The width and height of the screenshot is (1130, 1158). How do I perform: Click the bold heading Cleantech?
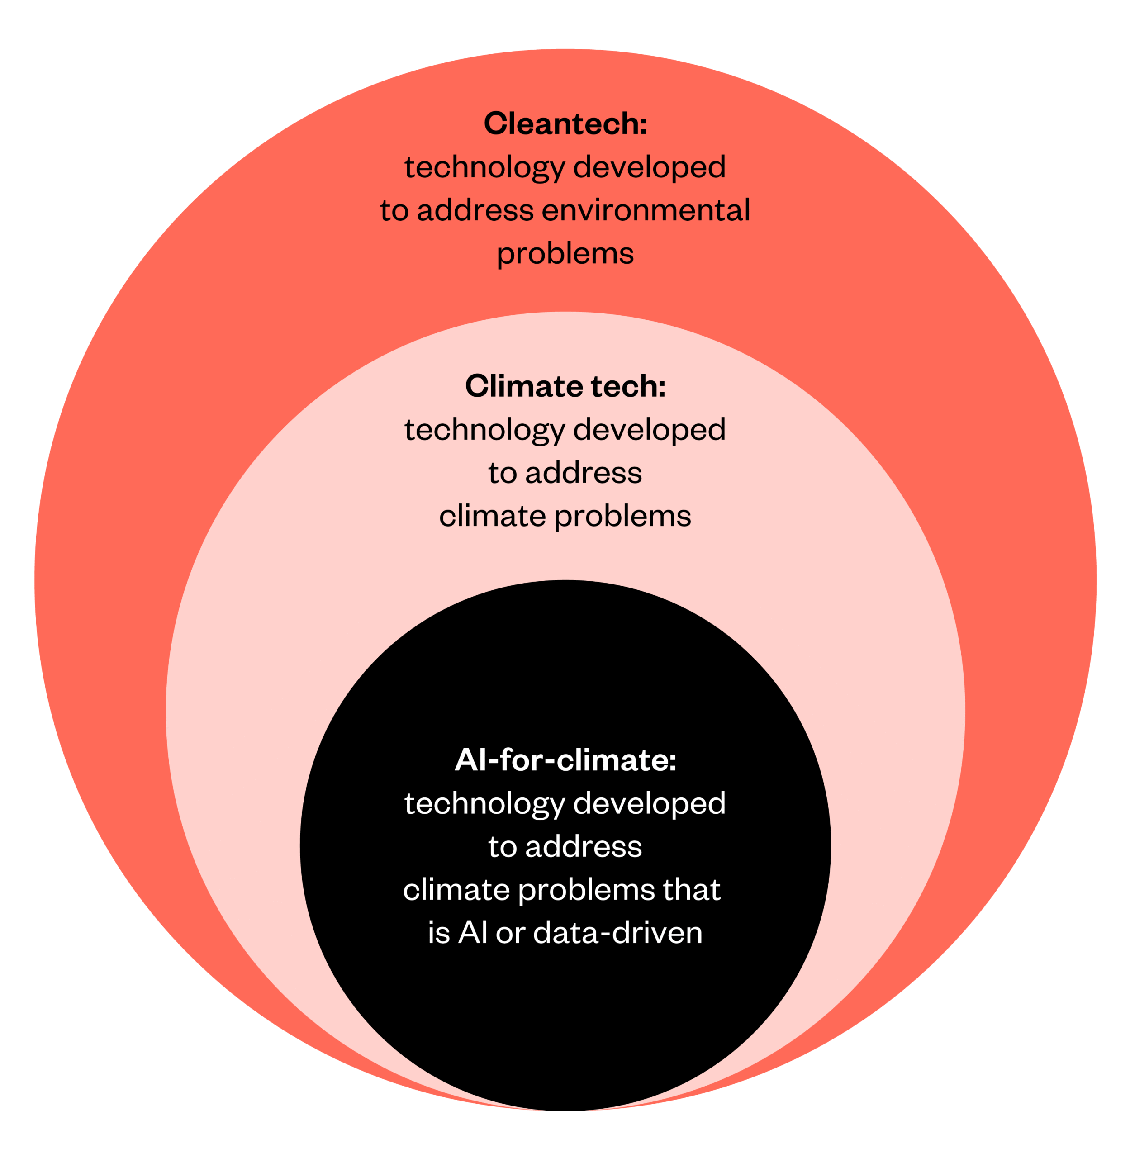[x=565, y=123]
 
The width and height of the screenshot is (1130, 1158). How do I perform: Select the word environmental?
[x=646, y=210]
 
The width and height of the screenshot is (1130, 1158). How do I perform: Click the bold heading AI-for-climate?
[x=565, y=760]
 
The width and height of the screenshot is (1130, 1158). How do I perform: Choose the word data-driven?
[x=618, y=932]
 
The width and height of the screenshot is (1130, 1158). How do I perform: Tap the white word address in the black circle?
[x=584, y=846]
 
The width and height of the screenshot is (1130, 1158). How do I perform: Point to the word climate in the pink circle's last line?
[x=492, y=516]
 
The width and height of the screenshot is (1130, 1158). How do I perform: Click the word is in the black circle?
[x=439, y=932]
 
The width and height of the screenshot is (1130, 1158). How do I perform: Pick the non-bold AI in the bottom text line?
[x=473, y=932]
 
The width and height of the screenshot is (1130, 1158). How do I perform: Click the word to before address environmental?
[x=394, y=211]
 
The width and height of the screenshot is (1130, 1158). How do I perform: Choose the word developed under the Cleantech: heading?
[x=649, y=167]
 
